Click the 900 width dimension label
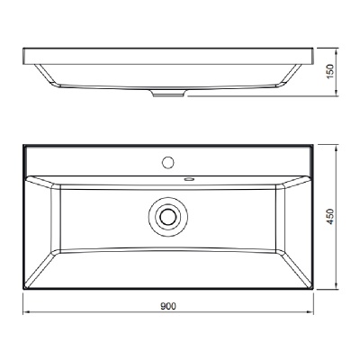(168, 306)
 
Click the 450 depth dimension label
(330, 217)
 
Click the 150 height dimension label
(330, 71)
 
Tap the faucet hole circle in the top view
(168, 162)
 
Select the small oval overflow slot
(189, 179)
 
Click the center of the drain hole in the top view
(168, 217)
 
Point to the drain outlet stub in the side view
(168, 94)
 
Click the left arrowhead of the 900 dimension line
(25, 312)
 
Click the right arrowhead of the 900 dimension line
(310, 312)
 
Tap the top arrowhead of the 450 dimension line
(337, 148)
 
